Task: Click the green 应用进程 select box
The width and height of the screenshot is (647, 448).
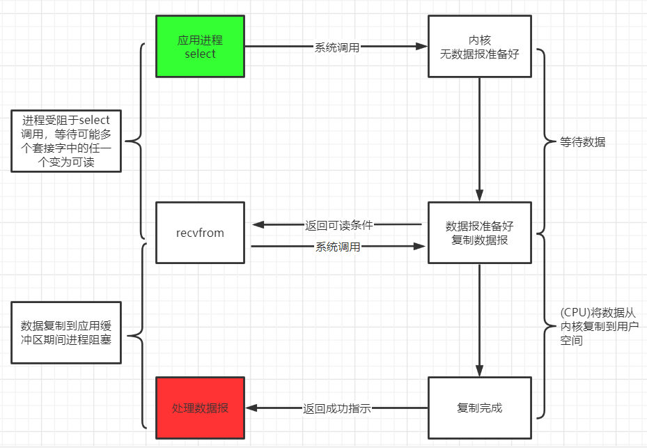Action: pyautogui.click(x=200, y=47)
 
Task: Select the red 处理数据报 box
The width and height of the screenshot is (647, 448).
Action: pyautogui.click(x=200, y=408)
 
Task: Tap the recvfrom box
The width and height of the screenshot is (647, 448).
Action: pyautogui.click(x=200, y=233)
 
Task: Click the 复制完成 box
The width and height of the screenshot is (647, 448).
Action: pyautogui.click(x=479, y=408)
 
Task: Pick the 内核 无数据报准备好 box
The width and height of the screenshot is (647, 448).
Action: pyautogui.click(x=479, y=47)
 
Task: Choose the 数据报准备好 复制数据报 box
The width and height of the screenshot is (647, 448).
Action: pyautogui.click(x=479, y=233)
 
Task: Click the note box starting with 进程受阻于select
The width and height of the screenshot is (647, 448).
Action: pyautogui.click(x=66, y=141)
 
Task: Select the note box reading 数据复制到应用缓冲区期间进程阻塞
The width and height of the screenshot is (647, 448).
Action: pyautogui.click(x=66, y=332)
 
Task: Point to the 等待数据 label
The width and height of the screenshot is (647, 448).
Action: pyautogui.click(x=583, y=142)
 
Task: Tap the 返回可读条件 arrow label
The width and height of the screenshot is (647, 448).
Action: pyautogui.click(x=339, y=225)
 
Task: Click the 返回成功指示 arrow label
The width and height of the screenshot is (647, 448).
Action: pyautogui.click(x=337, y=408)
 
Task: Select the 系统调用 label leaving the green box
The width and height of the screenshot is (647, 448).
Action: pyautogui.click(x=337, y=47)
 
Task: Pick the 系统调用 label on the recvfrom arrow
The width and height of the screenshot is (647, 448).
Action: pyautogui.click(x=338, y=247)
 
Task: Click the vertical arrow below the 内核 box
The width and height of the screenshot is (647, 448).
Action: pyautogui.click(x=479, y=139)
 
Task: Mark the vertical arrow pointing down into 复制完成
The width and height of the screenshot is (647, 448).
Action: pyautogui.click(x=479, y=320)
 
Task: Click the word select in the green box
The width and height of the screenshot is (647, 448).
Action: pyautogui.click(x=200, y=54)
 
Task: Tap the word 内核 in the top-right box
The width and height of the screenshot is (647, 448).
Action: pyautogui.click(x=480, y=40)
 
